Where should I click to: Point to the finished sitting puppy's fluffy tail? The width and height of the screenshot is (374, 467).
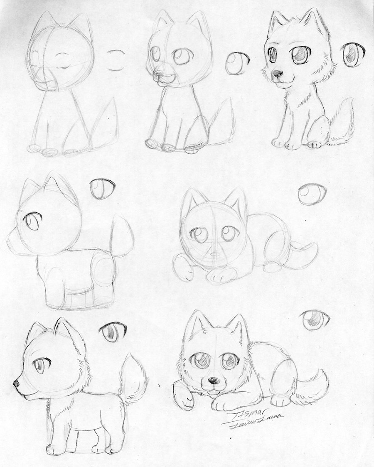[x=342, y=120]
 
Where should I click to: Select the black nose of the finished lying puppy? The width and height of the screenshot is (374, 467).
[x=212, y=380]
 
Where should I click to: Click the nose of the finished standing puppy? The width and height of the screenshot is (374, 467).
[x=16, y=381]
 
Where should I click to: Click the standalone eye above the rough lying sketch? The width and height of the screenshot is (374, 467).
[x=312, y=194]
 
